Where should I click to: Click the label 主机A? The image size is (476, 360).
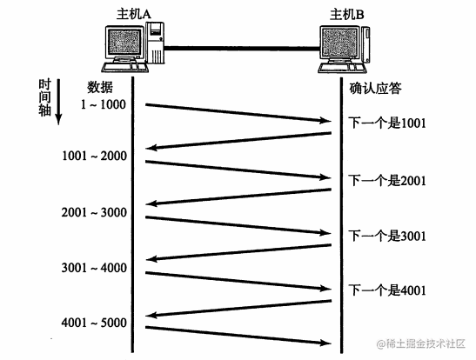[x=134, y=14]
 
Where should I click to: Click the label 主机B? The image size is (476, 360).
[x=347, y=14]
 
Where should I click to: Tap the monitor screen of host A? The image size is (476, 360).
[x=124, y=42]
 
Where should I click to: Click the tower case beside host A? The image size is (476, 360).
[x=155, y=43]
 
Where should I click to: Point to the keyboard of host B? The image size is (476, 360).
[x=342, y=68]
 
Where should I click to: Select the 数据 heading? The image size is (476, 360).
[x=100, y=87]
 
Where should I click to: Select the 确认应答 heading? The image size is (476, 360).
[x=376, y=88]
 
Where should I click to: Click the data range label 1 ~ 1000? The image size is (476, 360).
[x=104, y=104]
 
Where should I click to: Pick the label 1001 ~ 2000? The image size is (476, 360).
[x=94, y=156]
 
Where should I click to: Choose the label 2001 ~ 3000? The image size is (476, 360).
[x=94, y=212]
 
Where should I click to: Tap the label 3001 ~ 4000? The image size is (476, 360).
[x=94, y=268]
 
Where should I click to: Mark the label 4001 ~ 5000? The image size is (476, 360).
[x=94, y=323]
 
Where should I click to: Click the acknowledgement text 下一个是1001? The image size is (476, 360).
[x=387, y=123]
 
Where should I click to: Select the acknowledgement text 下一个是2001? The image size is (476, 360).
[x=387, y=181]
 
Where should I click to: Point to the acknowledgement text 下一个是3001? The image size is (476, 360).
[x=387, y=236]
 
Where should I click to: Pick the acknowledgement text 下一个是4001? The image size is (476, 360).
[x=387, y=290]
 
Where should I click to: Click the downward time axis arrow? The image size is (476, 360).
[x=58, y=102]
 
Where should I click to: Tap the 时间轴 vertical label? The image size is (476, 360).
[x=44, y=97]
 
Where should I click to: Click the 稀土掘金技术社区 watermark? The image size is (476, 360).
[x=421, y=344]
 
